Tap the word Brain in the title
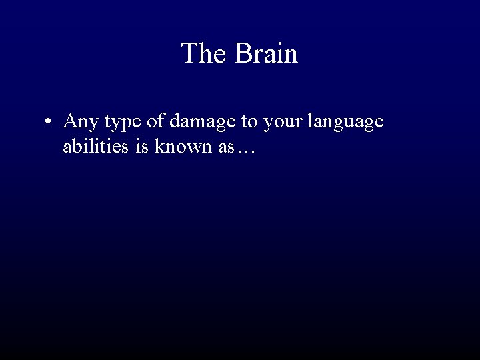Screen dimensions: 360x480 (x=265, y=53)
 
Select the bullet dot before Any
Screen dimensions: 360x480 (x=49, y=123)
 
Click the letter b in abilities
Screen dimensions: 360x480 (x=78, y=147)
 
